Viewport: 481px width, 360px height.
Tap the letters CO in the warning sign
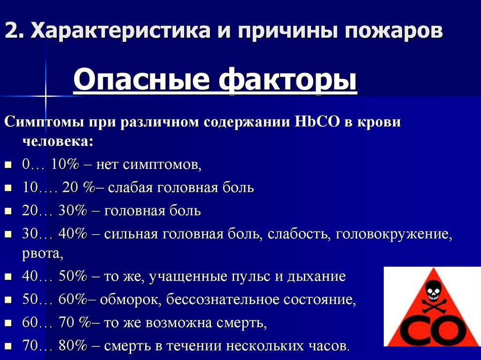coord(432,329)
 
